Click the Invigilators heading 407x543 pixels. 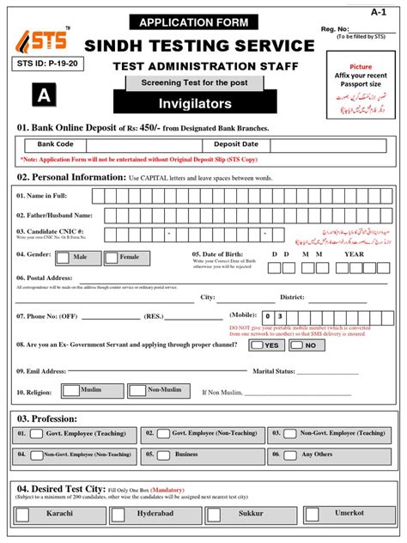pos(196,103)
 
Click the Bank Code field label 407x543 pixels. pos(55,145)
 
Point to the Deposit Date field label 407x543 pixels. pos(235,145)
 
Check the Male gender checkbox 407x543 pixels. pos(64,257)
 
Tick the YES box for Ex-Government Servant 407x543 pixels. pos(257,345)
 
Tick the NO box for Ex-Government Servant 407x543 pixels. pos(296,345)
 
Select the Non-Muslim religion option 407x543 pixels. pos(137,390)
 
